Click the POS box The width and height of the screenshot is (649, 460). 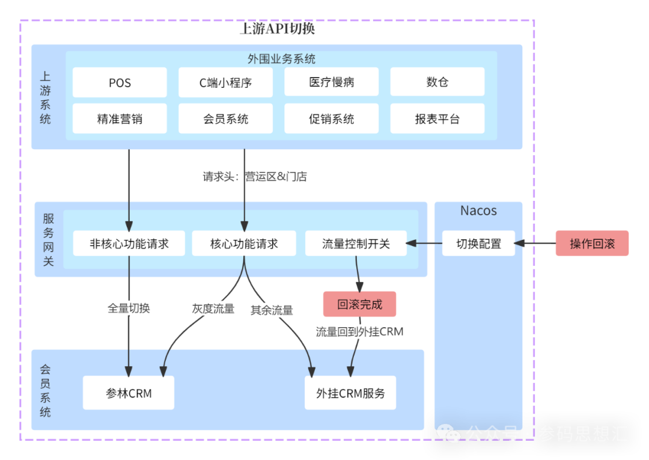point(120,82)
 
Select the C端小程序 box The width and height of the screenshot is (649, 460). point(225,82)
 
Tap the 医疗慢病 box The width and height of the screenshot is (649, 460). point(331,82)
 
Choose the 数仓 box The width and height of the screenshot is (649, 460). point(437,82)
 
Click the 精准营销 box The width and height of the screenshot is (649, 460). point(120,118)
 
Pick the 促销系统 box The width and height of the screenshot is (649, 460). point(331,118)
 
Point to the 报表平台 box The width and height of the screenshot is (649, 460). point(437,118)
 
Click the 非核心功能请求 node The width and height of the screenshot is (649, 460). point(129,244)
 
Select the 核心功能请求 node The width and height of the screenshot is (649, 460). point(244,244)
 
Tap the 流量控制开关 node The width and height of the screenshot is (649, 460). point(356,244)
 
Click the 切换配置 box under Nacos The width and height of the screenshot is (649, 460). point(478,244)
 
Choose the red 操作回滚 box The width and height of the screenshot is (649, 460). point(592,244)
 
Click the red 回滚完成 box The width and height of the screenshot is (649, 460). point(359,304)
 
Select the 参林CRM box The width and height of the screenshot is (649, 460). point(129,393)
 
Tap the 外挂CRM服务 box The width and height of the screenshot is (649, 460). point(350,393)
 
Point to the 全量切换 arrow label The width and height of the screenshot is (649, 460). point(129,308)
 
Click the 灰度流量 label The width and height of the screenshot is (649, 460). point(213,308)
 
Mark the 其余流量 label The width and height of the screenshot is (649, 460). point(272,310)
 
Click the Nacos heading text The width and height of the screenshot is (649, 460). point(478,210)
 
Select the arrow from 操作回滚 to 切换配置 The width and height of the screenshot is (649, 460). point(535,244)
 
